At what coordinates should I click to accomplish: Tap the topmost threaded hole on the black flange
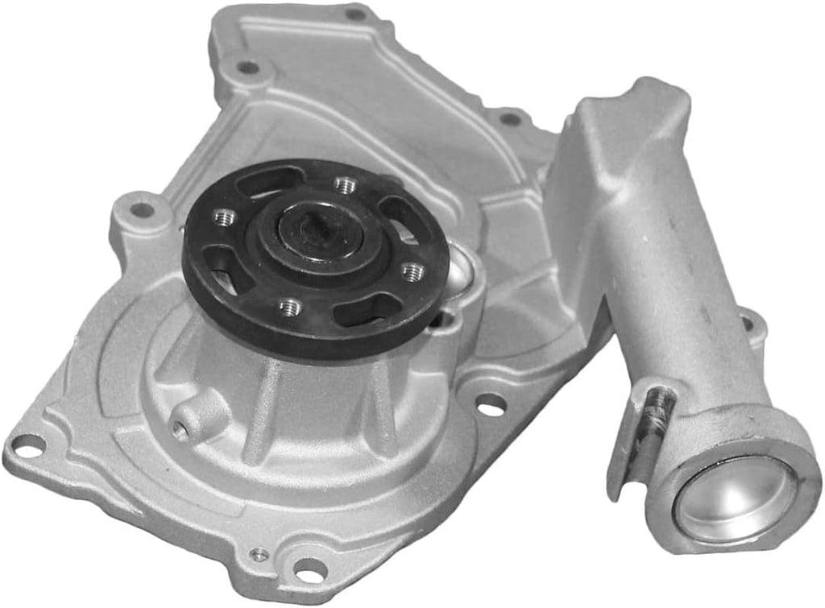click(346, 185)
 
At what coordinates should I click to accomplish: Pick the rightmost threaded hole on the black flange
click(412, 271)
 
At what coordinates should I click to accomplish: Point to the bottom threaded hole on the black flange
click(290, 306)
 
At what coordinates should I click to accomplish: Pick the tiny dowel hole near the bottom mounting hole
click(259, 553)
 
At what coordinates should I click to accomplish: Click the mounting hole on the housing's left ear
click(142, 210)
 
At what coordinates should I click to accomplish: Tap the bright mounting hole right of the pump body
click(491, 405)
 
